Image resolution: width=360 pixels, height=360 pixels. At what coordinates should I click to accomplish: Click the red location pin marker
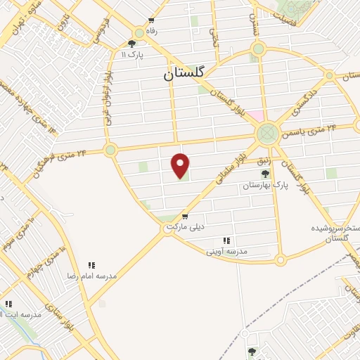[x=181, y=165]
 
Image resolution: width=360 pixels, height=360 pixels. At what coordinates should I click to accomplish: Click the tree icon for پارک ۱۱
[x=131, y=44]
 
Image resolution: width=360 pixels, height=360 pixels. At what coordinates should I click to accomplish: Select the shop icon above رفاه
[x=151, y=21]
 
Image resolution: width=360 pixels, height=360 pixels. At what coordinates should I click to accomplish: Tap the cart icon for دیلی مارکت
[x=185, y=216]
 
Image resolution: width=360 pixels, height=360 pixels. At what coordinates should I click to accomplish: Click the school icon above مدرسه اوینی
[x=226, y=240]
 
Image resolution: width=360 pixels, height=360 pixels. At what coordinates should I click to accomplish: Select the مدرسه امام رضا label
[x=92, y=276]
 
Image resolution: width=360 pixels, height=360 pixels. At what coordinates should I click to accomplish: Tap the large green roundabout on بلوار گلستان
[x=267, y=132]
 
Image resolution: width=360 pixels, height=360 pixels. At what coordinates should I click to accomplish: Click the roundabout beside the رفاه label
[x=138, y=32]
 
